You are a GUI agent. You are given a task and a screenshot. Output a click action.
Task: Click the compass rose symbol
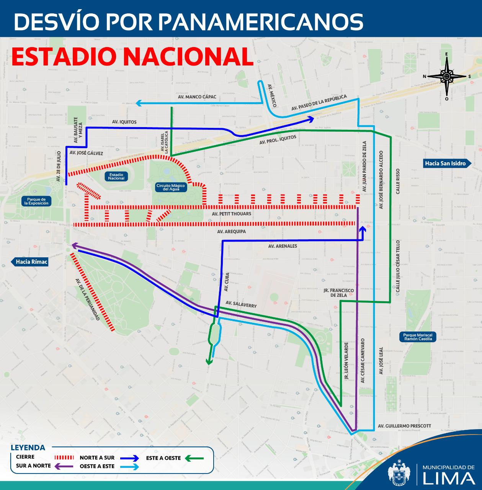point(446,76)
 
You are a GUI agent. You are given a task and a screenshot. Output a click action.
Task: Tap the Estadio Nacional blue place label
point(116,176)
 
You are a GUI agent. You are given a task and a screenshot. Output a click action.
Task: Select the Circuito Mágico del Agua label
point(170,187)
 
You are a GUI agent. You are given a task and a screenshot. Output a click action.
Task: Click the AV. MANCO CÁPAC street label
point(197,97)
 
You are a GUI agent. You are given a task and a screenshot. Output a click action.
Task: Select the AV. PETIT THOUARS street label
point(234,214)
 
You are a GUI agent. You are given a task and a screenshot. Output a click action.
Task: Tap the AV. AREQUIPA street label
point(231,232)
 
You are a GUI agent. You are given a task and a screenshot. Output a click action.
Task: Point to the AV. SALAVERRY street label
point(241,304)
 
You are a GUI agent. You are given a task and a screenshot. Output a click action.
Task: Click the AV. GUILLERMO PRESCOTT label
point(404,426)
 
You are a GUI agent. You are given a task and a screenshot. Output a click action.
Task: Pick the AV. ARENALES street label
point(283,246)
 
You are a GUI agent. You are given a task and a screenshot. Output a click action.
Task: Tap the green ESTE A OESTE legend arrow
point(194,457)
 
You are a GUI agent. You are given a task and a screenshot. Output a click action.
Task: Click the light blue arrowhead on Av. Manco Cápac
point(139,103)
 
